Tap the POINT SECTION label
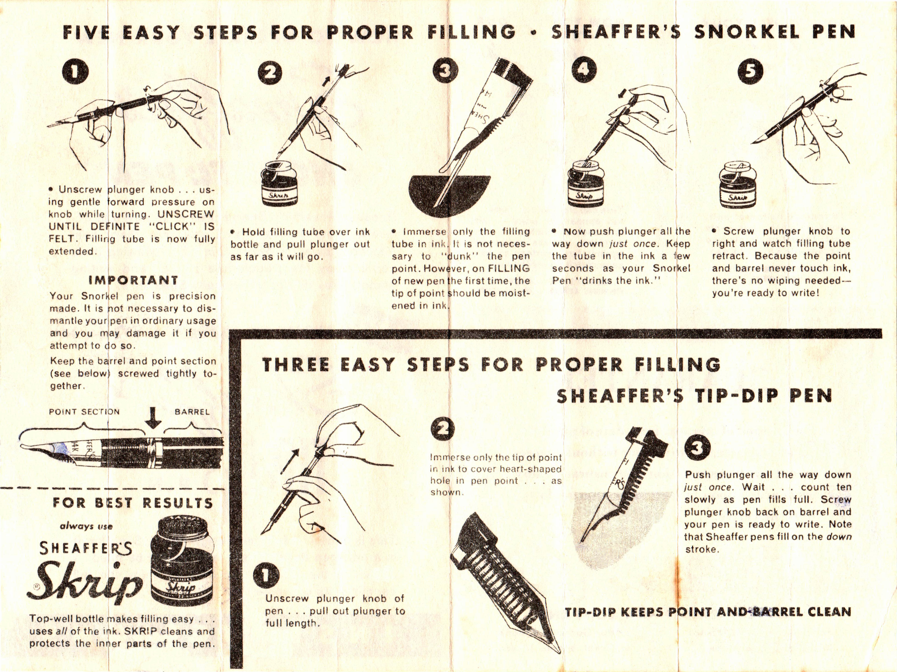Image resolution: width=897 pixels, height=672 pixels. (x=84, y=412)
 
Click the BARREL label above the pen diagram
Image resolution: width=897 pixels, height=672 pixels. (x=192, y=412)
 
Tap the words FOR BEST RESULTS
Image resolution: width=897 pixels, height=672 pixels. (x=133, y=503)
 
